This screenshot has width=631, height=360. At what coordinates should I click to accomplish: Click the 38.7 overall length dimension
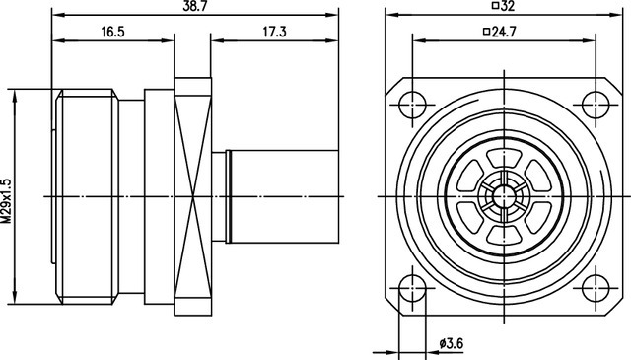[x=195, y=7]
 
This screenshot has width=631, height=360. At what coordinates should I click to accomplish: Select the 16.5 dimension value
[x=112, y=32]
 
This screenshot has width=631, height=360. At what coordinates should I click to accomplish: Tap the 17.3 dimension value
[x=274, y=32]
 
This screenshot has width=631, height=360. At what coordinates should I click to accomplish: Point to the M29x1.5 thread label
[x=7, y=201]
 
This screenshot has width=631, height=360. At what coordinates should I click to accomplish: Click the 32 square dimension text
[x=509, y=7]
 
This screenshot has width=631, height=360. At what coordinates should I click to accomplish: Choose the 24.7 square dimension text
[x=504, y=32]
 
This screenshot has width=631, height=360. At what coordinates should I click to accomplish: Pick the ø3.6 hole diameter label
[x=452, y=343]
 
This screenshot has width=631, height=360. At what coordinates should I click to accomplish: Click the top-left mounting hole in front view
[x=412, y=105]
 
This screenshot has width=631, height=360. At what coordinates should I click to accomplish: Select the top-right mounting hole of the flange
[x=596, y=105]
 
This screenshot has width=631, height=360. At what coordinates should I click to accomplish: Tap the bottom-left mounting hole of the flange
[x=412, y=288]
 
